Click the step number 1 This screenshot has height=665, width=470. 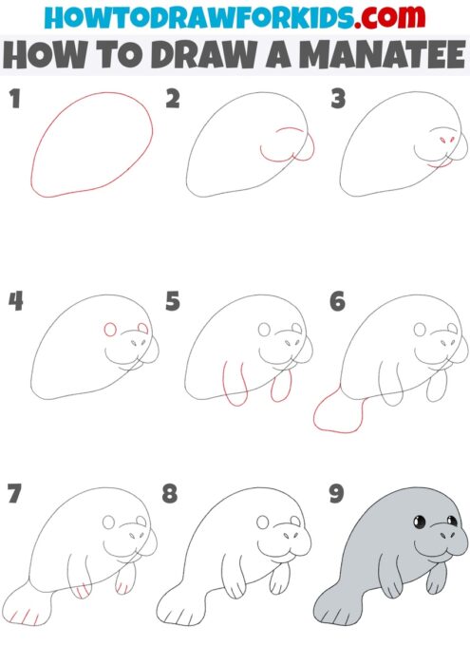[14, 99]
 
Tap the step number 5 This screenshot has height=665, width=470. [173, 302]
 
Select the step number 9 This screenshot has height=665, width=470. [334, 495]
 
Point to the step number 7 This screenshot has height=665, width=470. [13, 495]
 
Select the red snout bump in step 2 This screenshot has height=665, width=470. [307, 143]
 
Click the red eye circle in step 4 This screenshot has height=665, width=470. [109, 330]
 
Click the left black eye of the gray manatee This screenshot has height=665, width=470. [418, 522]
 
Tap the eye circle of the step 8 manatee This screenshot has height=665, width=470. [263, 522]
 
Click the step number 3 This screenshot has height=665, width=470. [335, 99]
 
